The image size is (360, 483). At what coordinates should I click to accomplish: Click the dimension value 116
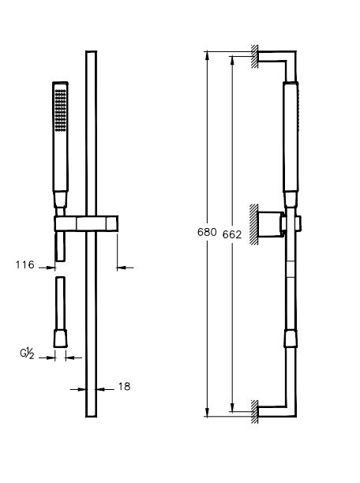[25, 266]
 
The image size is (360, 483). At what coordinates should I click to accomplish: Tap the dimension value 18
[123, 387]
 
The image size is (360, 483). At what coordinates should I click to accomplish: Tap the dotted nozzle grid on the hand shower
[59, 111]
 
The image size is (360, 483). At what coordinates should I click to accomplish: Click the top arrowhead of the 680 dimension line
[208, 54]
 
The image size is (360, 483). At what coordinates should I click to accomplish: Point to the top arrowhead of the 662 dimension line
[232, 58]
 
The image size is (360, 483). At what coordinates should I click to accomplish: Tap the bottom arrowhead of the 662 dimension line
[232, 408]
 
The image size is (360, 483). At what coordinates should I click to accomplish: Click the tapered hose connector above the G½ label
[60, 338]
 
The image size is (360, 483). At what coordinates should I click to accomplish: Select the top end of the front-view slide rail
[90, 53]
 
